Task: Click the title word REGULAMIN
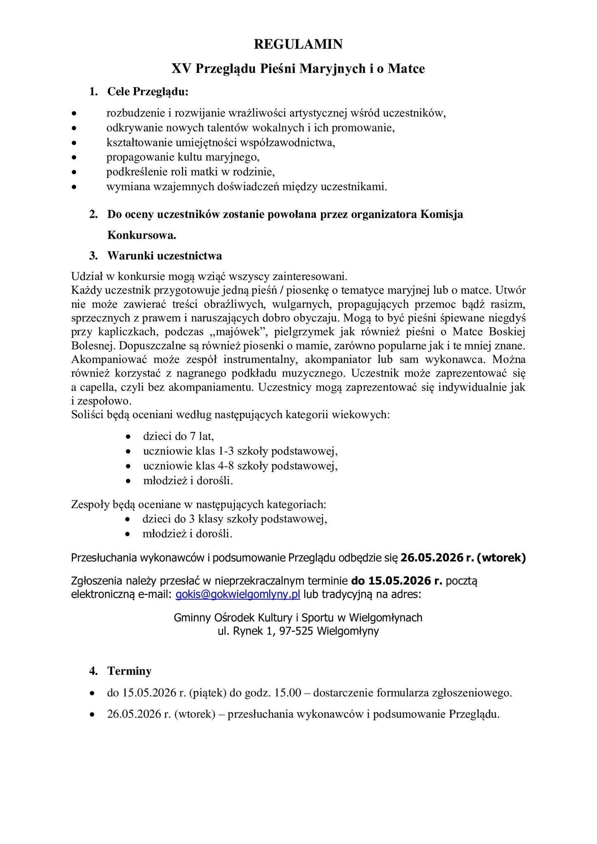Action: point(298,44)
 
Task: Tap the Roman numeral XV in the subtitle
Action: point(181,68)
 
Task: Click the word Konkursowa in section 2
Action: point(141,235)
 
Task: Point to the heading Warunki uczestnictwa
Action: point(165,256)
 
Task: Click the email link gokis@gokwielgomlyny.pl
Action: point(238,595)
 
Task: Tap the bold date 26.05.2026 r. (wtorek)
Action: point(463,558)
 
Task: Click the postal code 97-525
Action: point(297,631)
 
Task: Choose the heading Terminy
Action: point(129,671)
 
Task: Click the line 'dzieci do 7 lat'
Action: point(178,436)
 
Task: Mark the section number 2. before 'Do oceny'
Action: point(94,214)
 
